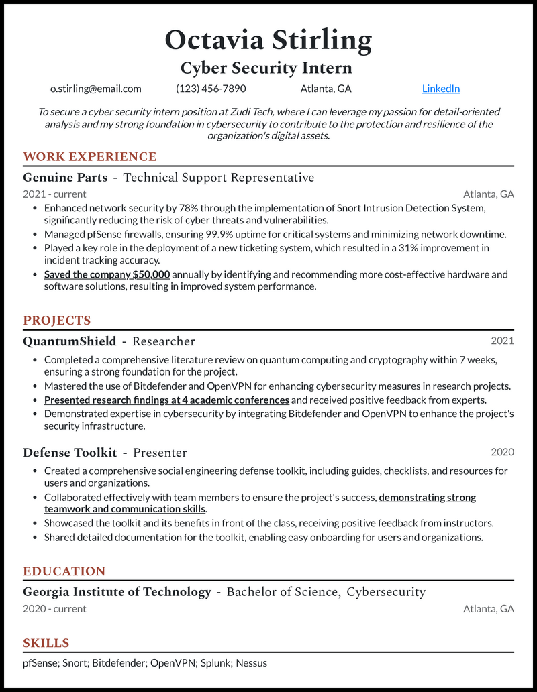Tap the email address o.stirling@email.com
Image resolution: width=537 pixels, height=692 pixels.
click(x=96, y=89)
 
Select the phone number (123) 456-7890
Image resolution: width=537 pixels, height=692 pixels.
click(x=211, y=89)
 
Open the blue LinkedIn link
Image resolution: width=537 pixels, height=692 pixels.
click(x=440, y=89)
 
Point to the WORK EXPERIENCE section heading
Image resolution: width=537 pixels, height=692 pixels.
click(x=89, y=157)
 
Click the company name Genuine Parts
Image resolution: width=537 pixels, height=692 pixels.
click(x=65, y=178)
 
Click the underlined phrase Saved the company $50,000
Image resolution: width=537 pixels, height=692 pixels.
click(x=107, y=274)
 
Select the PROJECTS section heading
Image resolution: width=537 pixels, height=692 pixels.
click(x=56, y=321)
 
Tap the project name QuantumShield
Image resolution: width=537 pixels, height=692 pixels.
click(x=69, y=341)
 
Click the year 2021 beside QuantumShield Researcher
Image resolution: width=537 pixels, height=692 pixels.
click(x=502, y=341)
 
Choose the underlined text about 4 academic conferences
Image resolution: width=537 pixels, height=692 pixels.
click(x=166, y=400)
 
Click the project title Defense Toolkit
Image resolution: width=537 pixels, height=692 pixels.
click(x=70, y=453)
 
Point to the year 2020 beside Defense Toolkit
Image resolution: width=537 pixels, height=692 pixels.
click(x=502, y=452)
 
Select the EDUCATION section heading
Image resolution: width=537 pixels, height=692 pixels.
click(x=64, y=571)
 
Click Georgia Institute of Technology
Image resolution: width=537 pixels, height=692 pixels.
click(x=117, y=592)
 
